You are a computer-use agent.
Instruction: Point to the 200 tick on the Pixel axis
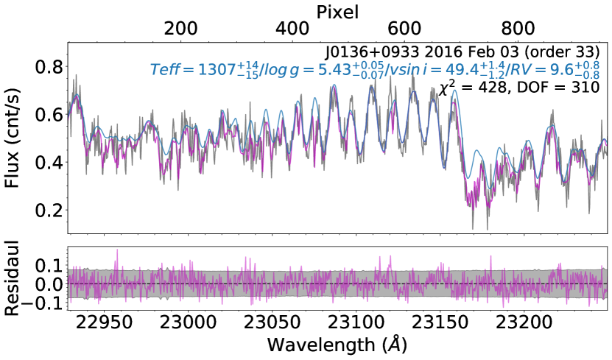[180, 29]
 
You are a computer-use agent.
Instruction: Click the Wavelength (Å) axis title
[337, 345]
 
